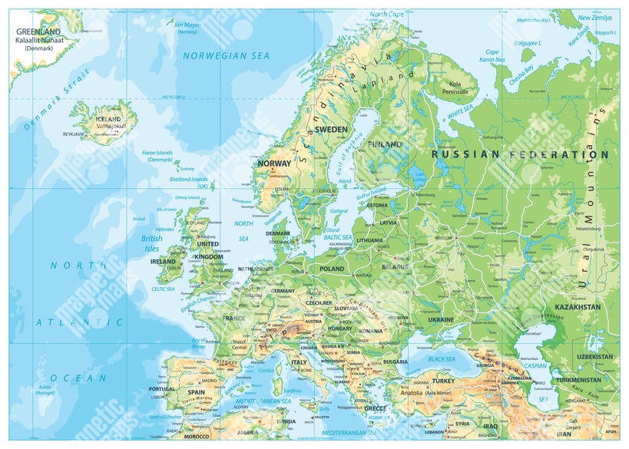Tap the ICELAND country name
[x=108, y=120]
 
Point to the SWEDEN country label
[x=332, y=129]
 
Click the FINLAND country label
[x=385, y=144]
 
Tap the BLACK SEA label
[x=442, y=359]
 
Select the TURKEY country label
[x=443, y=381]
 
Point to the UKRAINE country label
[x=441, y=319]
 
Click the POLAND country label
[x=332, y=269]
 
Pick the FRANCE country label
[x=233, y=318]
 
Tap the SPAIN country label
[x=196, y=392]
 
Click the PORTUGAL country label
[x=162, y=388]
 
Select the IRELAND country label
[x=163, y=261]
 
